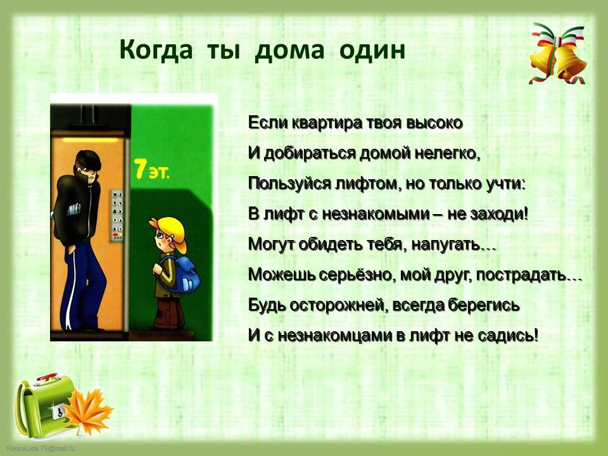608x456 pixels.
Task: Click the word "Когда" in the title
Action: [x=156, y=51]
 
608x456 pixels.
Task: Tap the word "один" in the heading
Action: [x=372, y=51]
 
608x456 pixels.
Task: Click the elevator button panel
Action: [x=117, y=215]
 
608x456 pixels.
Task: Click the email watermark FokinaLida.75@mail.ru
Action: [x=41, y=448]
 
